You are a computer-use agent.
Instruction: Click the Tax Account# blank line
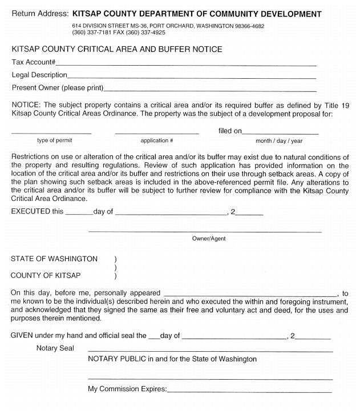pyautogui.click(x=185, y=64)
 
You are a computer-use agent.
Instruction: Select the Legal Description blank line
pyautogui.click(x=191, y=77)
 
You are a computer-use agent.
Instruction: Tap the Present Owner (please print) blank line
pyautogui.click(x=209, y=90)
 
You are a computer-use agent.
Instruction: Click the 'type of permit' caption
pyautogui.click(x=51, y=141)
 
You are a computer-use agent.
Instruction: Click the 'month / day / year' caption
pyautogui.click(x=279, y=141)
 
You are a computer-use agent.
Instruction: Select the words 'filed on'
pyautogui.click(x=230, y=131)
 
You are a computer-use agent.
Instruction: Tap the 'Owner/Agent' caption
pyautogui.click(x=209, y=239)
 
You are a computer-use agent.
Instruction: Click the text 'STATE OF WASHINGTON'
pyautogui.click(x=54, y=259)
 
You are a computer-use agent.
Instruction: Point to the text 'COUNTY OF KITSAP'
pyautogui.click(x=46, y=276)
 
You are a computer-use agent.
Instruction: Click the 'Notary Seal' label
pyautogui.click(x=55, y=348)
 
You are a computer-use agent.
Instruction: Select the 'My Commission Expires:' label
pyautogui.click(x=127, y=389)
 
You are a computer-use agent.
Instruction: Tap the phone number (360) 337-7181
pyautogui.click(x=91, y=33)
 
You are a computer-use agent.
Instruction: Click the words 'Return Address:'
pyautogui.click(x=40, y=14)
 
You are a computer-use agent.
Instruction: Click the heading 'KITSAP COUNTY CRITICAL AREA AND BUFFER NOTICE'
pyautogui.click(x=117, y=50)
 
